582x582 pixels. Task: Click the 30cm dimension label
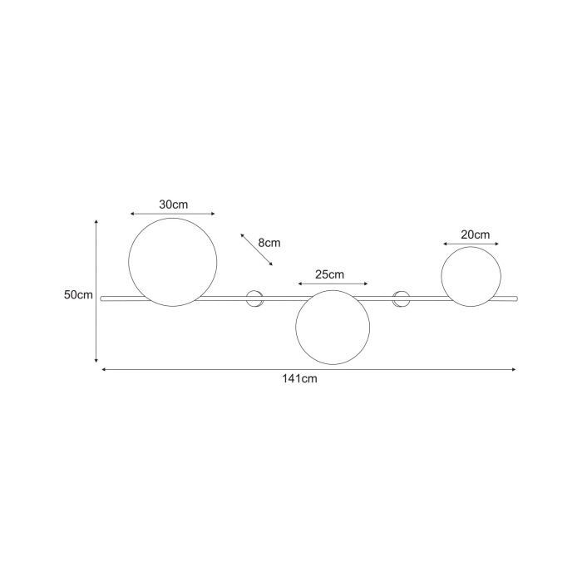point(173,205)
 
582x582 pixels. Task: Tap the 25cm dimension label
point(329,274)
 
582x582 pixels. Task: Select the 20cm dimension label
point(475,234)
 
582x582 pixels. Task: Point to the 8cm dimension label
point(269,243)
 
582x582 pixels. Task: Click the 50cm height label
point(78,294)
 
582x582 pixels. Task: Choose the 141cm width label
point(299,378)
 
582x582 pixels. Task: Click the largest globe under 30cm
point(173,218)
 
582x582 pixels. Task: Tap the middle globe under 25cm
point(333,290)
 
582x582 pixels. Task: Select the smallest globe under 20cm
point(471,247)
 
